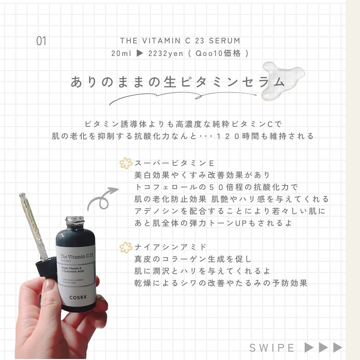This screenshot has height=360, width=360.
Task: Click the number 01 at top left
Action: point(41,41)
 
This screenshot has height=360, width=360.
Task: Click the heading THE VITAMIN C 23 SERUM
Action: point(180,41)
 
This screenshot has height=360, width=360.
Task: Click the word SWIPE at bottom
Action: point(272,348)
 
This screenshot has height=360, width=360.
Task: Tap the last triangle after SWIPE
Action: point(338,347)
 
